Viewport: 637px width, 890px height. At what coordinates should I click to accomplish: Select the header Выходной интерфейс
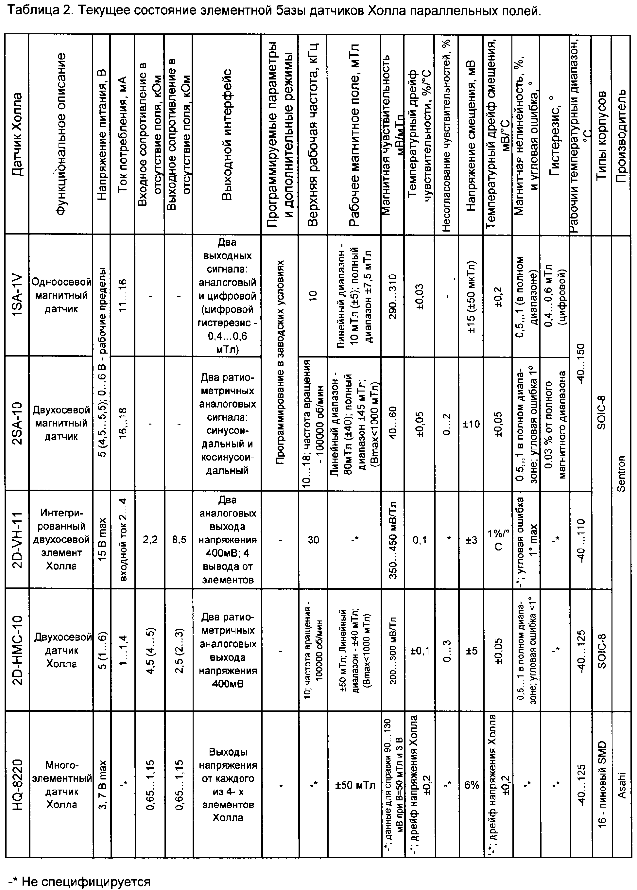click(x=227, y=134)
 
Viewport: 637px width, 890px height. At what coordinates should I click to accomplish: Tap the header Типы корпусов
click(x=601, y=134)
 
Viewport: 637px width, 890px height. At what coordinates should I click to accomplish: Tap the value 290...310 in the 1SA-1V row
click(x=393, y=296)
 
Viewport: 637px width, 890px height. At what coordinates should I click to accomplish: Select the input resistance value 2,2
click(x=150, y=540)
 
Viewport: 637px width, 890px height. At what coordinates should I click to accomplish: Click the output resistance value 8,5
click(x=179, y=540)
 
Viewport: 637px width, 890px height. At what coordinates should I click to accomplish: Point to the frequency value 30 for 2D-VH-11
click(x=313, y=540)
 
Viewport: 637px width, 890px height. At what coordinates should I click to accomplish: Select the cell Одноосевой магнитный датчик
click(x=61, y=296)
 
